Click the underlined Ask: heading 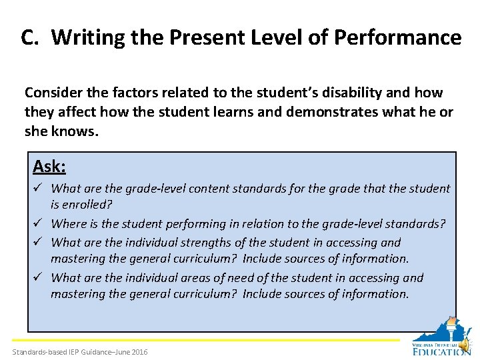(49, 165)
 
